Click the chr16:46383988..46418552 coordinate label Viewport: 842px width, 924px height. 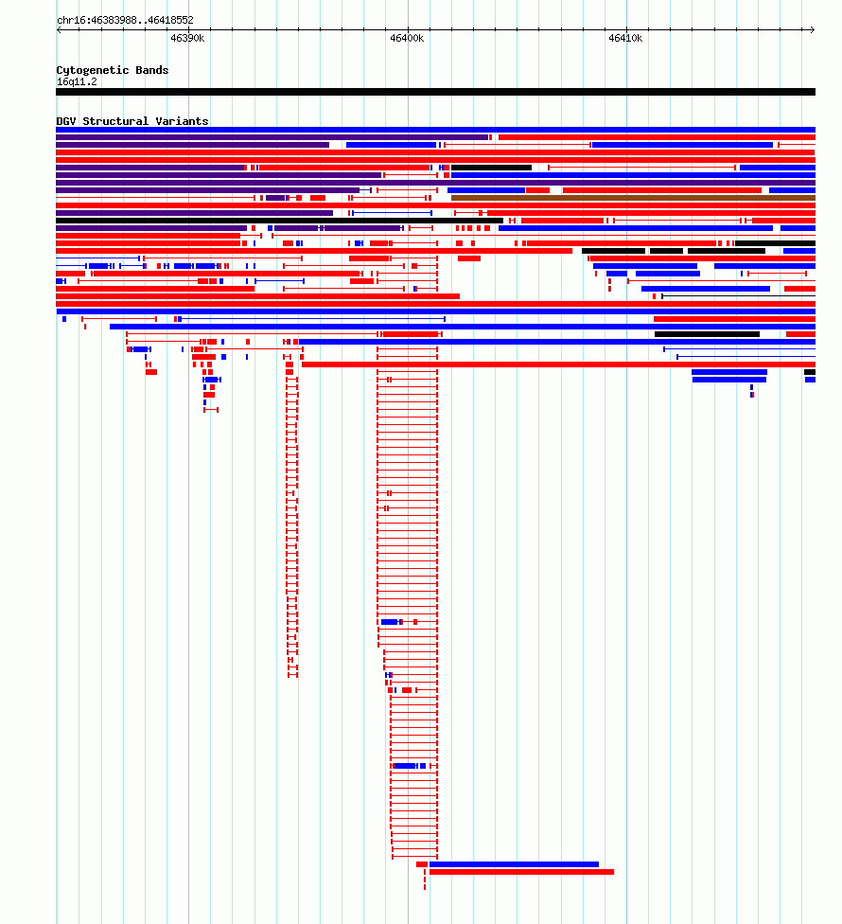(x=125, y=20)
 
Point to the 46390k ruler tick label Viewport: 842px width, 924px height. (x=187, y=38)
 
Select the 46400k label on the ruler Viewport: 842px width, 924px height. (x=407, y=38)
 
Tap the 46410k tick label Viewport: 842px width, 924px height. (x=625, y=38)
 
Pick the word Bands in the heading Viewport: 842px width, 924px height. (x=152, y=70)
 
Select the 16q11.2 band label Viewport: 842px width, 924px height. (x=77, y=82)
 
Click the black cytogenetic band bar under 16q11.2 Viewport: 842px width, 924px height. (x=436, y=92)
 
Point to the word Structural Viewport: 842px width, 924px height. (x=115, y=121)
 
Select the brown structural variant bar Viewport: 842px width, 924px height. (x=633, y=198)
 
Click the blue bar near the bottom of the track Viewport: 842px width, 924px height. (x=514, y=864)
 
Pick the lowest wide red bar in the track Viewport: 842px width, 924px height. (x=521, y=872)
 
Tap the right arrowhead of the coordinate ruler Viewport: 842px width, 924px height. (x=813, y=29)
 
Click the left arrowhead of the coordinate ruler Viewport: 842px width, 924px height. (x=59, y=29)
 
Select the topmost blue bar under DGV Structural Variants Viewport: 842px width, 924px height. (x=436, y=130)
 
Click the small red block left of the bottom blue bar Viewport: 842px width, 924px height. (x=422, y=864)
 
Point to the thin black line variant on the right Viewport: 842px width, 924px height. (x=738, y=296)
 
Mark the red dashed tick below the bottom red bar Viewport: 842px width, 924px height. (x=425, y=883)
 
